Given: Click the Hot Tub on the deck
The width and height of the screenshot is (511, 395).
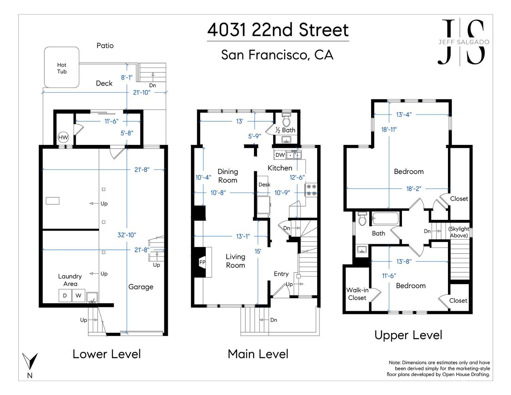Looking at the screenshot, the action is coord(62,67).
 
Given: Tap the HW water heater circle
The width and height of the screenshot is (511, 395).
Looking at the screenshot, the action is coord(63,137).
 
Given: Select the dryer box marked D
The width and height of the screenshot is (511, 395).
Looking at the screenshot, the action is coord(65,295).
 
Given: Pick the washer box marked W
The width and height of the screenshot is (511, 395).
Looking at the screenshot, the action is coord(78,295).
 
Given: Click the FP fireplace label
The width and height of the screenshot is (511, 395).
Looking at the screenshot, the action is coord(202,262).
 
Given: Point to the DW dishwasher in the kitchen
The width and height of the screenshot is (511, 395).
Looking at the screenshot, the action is coord(280,155).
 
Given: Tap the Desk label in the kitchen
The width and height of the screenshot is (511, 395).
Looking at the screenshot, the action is coord(264,185).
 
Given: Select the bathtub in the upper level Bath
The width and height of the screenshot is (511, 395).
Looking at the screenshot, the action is coord(385,218).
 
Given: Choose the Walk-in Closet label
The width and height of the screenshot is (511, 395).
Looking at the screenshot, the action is coord(357,294).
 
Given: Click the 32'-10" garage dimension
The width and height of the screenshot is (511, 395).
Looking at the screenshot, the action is coord(127,235).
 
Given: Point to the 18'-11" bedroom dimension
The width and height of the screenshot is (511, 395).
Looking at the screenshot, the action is coord(389,130).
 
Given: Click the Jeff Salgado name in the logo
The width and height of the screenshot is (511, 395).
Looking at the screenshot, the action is coord(464,42).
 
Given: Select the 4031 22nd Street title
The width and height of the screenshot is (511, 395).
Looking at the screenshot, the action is coord(278,30).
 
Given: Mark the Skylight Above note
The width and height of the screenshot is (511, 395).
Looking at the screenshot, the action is coord(459,232).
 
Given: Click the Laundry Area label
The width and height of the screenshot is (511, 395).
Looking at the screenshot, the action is coord(70,280).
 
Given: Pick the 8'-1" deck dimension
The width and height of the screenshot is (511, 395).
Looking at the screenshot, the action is coord(127,77).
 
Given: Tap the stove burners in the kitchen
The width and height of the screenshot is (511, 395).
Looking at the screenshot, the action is coord(311,190).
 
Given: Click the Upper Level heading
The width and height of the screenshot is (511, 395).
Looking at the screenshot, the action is coord(408,335).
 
